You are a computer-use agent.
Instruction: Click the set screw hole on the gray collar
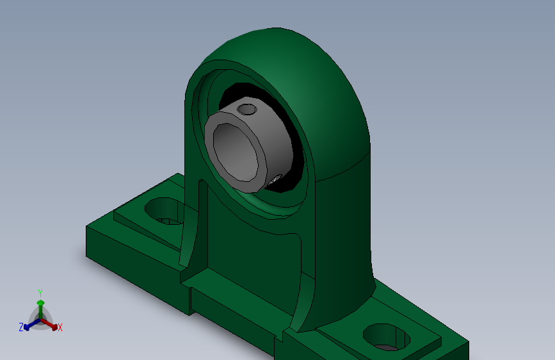pos(246,109)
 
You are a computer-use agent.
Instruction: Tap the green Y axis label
pos(40,293)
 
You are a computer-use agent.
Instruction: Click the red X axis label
pos(60,327)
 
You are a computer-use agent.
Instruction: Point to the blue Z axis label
pos(21,327)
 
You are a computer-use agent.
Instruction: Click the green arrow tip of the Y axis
pos(40,303)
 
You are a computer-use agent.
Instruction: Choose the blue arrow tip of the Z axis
pos(26,327)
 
